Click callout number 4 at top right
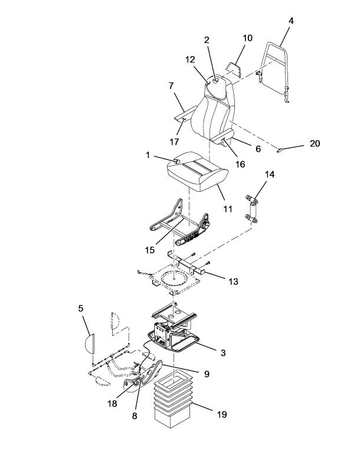click(x=291, y=21)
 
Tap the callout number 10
click(x=247, y=38)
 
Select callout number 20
click(x=315, y=143)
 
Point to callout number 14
click(x=270, y=175)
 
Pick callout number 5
click(x=81, y=309)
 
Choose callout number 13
click(x=234, y=281)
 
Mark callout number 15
click(x=150, y=250)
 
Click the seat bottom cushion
click(x=197, y=172)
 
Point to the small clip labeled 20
click(x=280, y=149)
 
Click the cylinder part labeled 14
click(x=251, y=209)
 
